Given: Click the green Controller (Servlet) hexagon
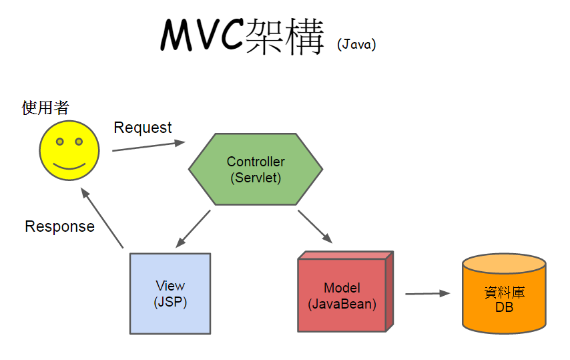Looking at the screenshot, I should pyautogui.click(x=256, y=170).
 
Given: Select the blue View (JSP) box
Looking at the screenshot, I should pyautogui.click(x=170, y=293).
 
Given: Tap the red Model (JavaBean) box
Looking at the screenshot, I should pyautogui.click(x=342, y=295).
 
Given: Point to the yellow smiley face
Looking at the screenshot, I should pyautogui.click(x=69, y=150).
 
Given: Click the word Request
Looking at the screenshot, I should pyautogui.click(x=143, y=128).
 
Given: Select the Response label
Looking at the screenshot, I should pyautogui.click(x=59, y=226).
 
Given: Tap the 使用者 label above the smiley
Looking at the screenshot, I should pyautogui.click(x=45, y=107).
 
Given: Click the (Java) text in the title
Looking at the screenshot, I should pyautogui.click(x=356, y=45).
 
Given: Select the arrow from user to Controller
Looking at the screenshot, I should pyautogui.click(x=148, y=146).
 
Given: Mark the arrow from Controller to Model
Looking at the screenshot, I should pyautogui.click(x=315, y=226).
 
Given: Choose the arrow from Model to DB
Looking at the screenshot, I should pyautogui.click(x=428, y=293).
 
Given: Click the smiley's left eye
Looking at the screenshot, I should pyautogui.click(x=59, y=142).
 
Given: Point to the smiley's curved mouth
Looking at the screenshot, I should pyautogui.click(x=69, y=164).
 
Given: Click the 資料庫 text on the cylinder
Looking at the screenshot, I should pyautogui.click(x=504, y=293).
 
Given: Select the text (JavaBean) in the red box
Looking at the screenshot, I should pyautogui.click(x=342, y=304).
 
